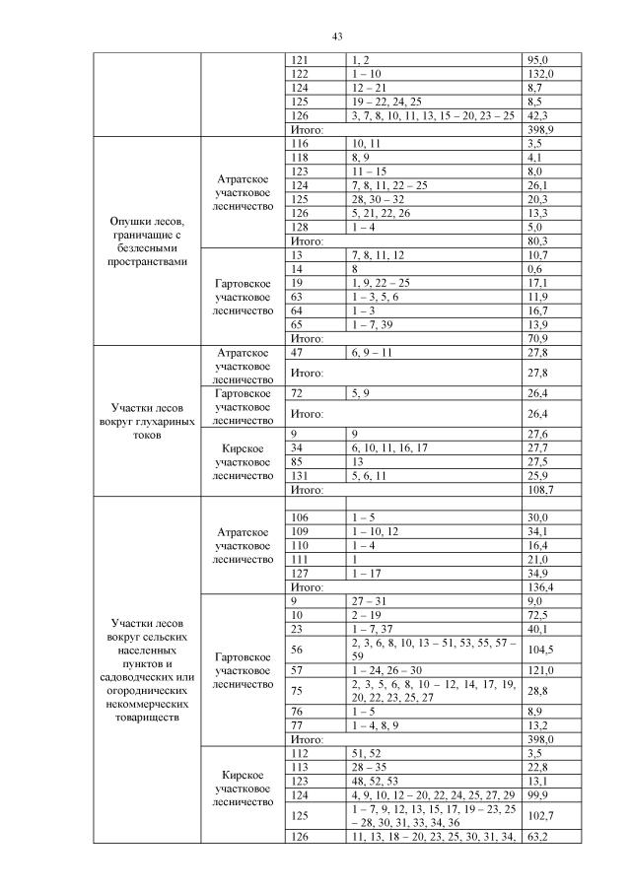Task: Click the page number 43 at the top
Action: click(336, 36)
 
